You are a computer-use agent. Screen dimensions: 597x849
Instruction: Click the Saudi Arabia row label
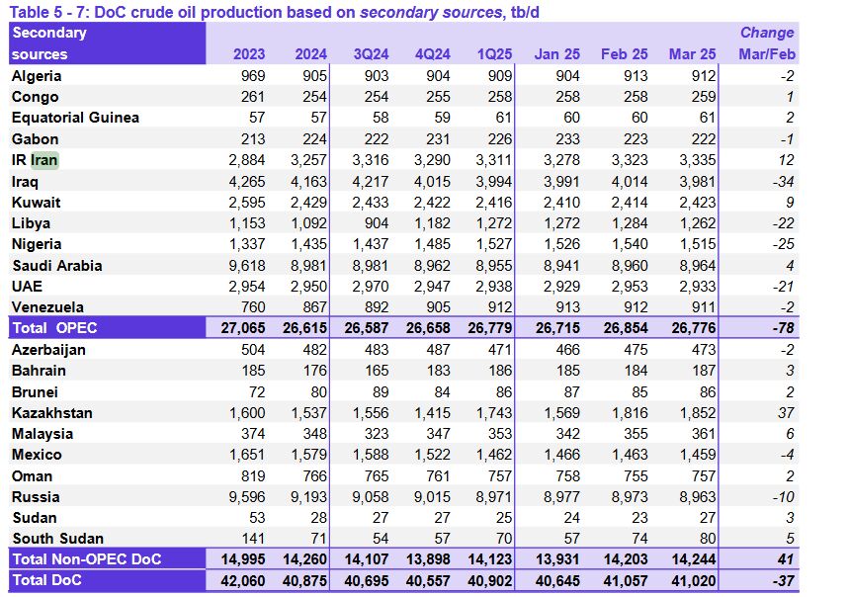pos(56,265)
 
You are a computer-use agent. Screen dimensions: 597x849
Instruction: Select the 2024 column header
pos(310,54)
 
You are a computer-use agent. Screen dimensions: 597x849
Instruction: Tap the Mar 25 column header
pos(693,54)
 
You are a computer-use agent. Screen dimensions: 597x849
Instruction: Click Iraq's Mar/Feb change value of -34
pos(784,181)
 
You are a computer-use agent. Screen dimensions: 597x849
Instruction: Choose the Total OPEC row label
pos(55,327)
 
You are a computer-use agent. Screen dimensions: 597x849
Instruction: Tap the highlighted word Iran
pos(44,160)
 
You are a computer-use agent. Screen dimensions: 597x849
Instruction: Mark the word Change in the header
pos(768,33)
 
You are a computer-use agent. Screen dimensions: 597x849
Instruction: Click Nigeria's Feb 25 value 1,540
pos(629,244)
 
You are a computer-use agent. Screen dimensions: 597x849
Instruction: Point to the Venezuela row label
pos(47,307)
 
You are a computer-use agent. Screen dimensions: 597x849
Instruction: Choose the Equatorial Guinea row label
pos(75,118)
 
